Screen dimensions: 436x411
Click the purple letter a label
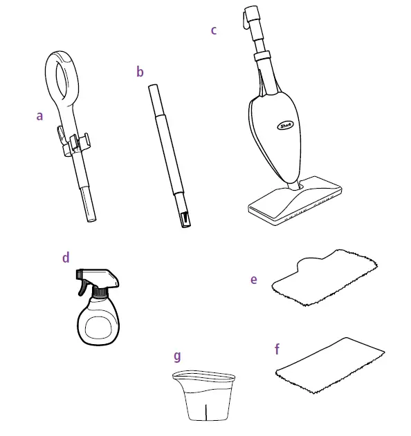tap(39, 116)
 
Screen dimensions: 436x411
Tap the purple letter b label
tap(140, 71)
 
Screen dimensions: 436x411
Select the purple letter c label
tap(214, 30)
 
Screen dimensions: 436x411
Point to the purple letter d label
tap(66, 258)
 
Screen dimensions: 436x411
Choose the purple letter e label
tap(254, 279)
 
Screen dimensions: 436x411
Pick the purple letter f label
tap(277, 349)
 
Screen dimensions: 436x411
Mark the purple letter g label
tap(177, 357)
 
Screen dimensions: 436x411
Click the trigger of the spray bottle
tap(89, 285)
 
